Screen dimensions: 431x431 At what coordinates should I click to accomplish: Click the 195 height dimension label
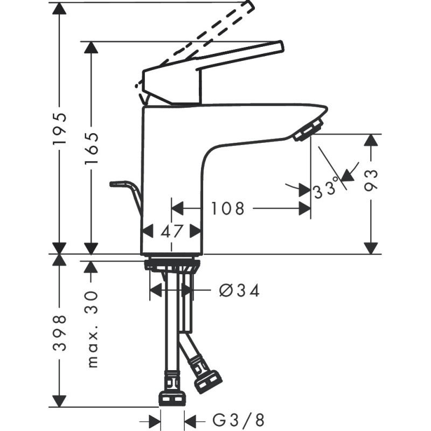[60, 128]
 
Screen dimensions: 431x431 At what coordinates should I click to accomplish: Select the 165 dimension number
[91, 149]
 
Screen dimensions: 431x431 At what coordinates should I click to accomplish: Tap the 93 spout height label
[371, 180]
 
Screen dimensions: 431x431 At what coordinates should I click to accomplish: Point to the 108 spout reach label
[227, 208]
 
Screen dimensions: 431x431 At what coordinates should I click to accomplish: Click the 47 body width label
[171, 231]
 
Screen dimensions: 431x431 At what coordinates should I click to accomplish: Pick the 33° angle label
[326, 187]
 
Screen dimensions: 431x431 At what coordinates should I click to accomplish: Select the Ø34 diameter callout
[239, 290]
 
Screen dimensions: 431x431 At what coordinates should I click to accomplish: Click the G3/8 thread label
[238, 420]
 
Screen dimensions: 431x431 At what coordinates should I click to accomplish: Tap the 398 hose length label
[60, 333]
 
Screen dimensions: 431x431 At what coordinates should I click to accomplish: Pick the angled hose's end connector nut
[207, 380]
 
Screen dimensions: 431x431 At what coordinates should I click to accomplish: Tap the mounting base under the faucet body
[171, 265]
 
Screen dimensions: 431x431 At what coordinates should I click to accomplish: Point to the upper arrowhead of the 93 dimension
[371, 140]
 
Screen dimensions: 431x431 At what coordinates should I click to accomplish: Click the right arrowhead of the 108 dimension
[305, 208]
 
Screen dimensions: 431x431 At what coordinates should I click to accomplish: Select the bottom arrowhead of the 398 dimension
[60, 401]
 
